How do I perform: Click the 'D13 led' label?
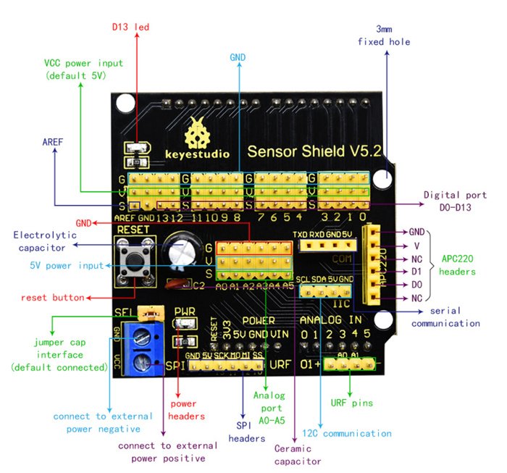(x=130, y=28)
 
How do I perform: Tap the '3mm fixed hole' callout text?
(x=383, y=35)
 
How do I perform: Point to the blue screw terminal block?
(x=143, y=349)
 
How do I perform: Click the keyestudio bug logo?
(x=197, y=133)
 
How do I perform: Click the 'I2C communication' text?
(x=348, y=433)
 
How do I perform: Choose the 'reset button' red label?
(x=51, y=297)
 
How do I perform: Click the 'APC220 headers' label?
(x=458, y=265)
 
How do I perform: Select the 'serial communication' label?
(x=445, y=317)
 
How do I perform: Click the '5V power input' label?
(x=64, y=265)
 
